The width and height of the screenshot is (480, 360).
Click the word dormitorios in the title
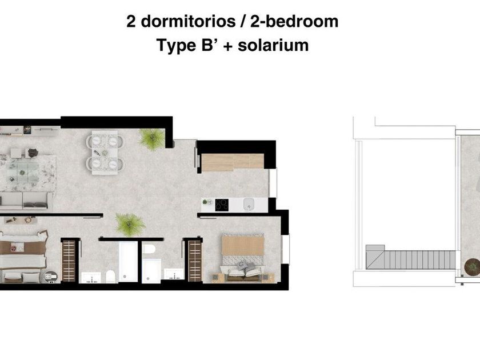click(x=188, y=22)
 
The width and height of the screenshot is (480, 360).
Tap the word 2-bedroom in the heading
click(x=294, y=22)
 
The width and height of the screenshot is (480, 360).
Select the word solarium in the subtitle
click(x=273, y=45)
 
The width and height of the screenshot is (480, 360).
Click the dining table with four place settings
click(x=105, y=153)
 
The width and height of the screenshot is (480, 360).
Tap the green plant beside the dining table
click(x=152, y=138)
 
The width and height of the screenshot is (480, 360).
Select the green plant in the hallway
click(x=130, y=224)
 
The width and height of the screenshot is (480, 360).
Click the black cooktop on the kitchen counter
click(x=222, y=205)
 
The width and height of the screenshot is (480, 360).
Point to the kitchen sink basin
click(x=249, y=204)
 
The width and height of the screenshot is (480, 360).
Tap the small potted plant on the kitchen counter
click(x=207, y=202)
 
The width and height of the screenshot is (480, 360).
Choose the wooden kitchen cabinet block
click(x=233, y=162)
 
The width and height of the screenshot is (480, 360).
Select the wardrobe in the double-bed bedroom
click(x=195, y=261)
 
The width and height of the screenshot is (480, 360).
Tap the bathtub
click(x=128, y=261)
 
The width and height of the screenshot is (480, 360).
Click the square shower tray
click(x=151, y=271)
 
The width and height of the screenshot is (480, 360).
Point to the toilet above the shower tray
click(x=149, y=249)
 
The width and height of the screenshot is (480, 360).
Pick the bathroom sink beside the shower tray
click(x=174, y=274)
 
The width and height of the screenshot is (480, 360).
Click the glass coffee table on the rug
click(x=23, y=172)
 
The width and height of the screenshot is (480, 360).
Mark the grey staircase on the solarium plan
click(x=411, y=258)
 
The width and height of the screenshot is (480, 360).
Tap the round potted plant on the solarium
click(x=473, y=266)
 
